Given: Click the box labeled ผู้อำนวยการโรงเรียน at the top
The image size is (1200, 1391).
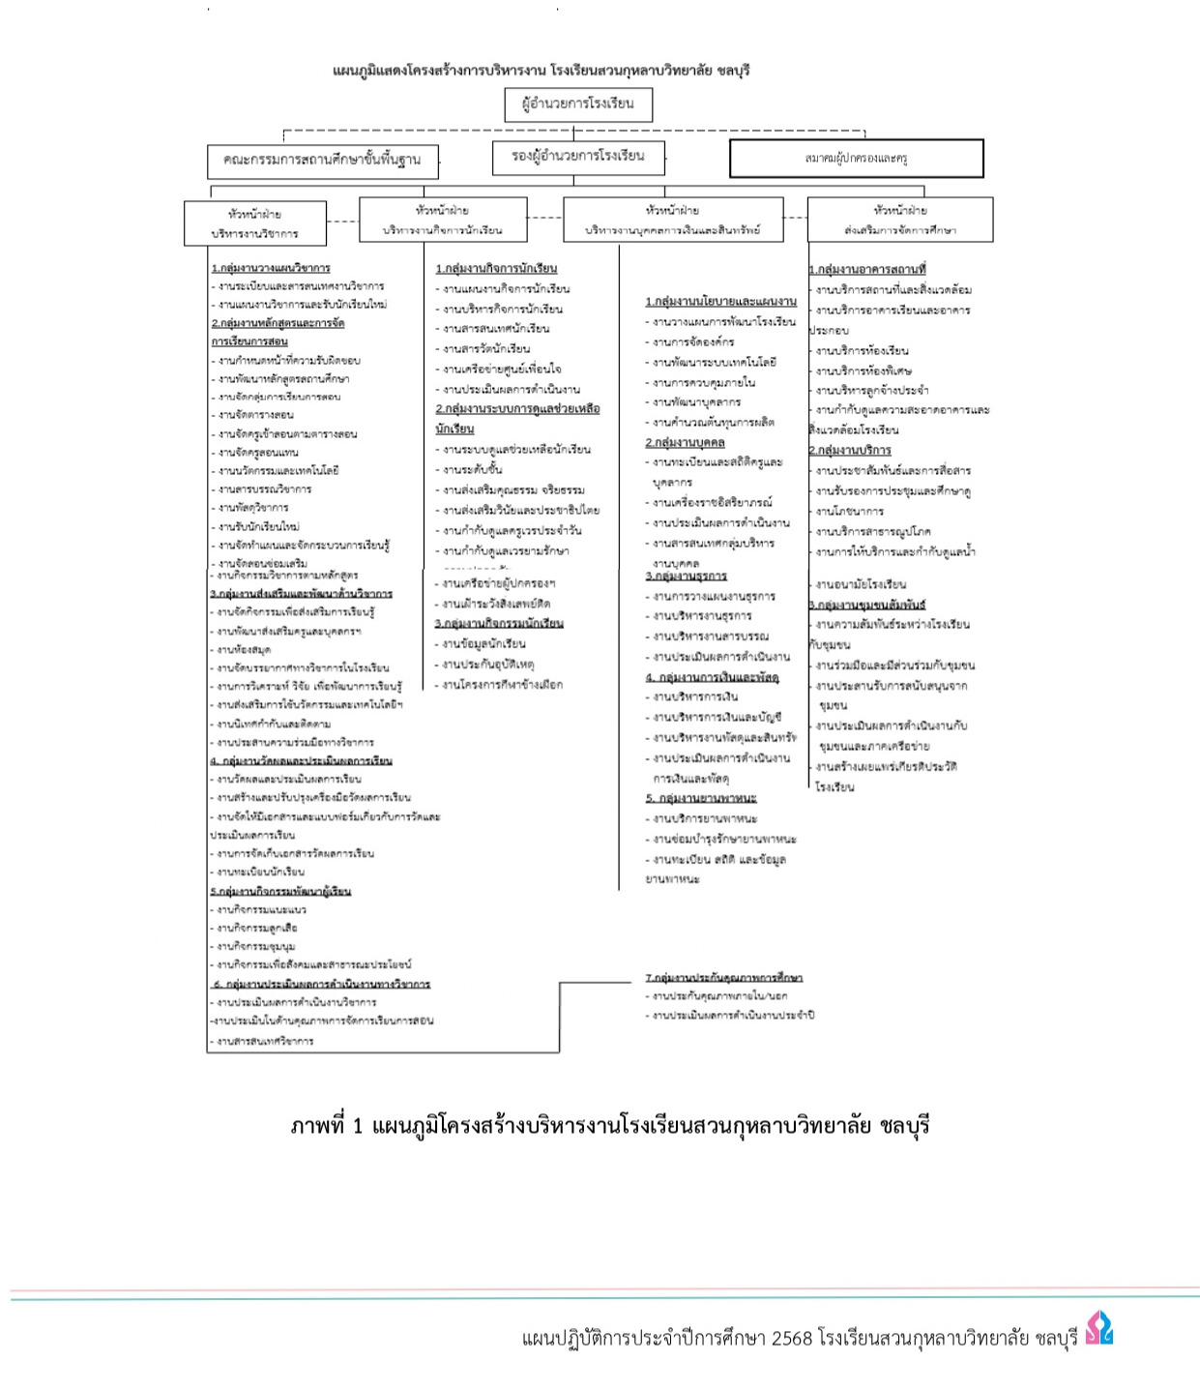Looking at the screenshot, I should tap(578, 104).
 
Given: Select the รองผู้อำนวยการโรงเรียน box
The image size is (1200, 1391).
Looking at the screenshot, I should tap(578, 157).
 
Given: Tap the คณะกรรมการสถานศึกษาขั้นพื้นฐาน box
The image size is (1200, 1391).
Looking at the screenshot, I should tap(322, 161).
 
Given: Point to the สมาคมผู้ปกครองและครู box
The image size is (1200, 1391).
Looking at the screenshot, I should tap(856, 159).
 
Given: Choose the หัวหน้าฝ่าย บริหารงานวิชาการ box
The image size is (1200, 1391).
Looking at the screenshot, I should tap(255, 223).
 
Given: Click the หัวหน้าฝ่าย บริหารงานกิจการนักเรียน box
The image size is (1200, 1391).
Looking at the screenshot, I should tap(443, 220).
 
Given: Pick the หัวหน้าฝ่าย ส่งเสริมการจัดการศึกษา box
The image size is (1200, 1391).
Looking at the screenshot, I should tap(899, 220).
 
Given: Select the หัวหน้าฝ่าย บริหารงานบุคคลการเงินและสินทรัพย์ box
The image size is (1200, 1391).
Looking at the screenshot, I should tap(673, 220).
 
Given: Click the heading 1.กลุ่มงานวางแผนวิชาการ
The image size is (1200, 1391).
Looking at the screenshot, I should tap(271, 268).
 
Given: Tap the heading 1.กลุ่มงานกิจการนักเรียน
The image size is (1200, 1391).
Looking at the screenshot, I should tap(496, 268).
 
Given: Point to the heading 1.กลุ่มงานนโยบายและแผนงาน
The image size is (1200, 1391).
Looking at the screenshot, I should tap(720, 301).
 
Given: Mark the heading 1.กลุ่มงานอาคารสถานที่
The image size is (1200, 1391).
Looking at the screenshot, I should tap(867, 269).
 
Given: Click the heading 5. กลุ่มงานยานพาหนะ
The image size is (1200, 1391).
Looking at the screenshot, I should tap(701, 798).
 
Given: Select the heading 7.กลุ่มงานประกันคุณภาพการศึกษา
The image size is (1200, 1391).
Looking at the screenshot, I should tap(724, 977).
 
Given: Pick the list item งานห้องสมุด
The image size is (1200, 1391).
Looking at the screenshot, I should tap(244, 650).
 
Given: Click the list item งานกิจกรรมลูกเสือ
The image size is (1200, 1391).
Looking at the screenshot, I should tap(256, 928).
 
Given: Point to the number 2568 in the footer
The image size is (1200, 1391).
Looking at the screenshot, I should tap(792, 1339).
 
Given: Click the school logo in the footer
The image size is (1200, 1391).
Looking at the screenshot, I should tap(1098, 1328).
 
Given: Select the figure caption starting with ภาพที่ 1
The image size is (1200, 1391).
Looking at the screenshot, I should tap(609, 1126).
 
